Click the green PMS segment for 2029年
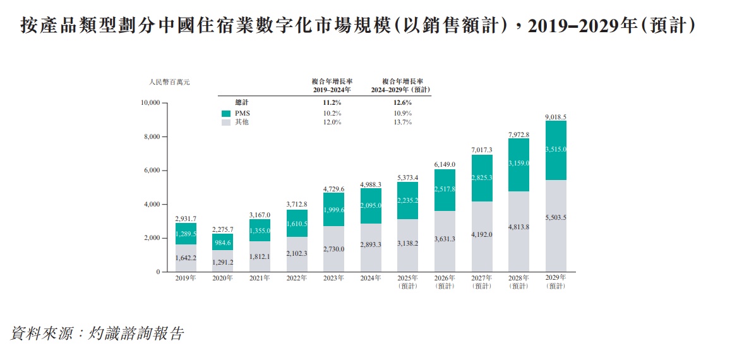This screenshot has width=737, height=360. point(556,150)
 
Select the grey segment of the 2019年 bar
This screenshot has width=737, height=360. point(186,258)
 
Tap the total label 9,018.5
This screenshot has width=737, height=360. point(556,117)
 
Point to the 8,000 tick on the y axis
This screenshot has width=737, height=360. point(152,137)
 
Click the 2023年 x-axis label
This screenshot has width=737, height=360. point(333,278)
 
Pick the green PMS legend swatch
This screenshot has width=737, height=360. point(226,113)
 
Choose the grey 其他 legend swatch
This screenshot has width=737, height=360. point(226,122)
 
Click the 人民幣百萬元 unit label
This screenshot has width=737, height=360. point(169,82)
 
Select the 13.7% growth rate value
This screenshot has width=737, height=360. point(402,122)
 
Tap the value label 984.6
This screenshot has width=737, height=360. point(222,242)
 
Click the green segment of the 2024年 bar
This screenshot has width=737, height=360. point(371,206)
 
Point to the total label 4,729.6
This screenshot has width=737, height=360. point(333,189)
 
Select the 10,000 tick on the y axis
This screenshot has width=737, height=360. point(150,103)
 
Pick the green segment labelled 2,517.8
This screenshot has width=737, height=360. point(445,190)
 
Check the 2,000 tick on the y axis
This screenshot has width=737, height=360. point(152,238)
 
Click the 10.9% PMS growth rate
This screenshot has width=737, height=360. point(402,113)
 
